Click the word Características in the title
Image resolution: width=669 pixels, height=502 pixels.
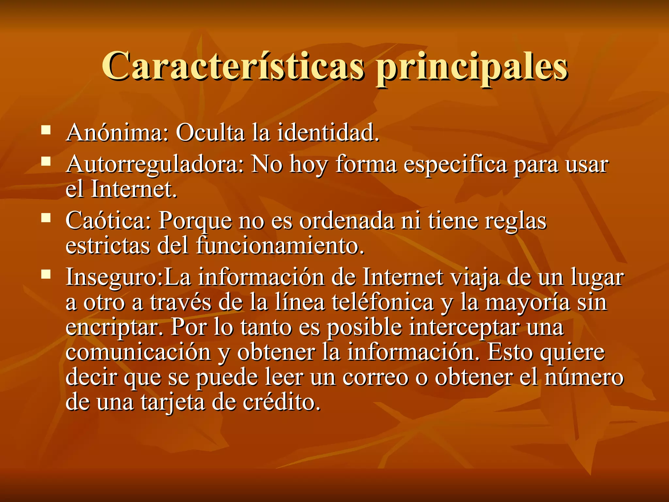click(x=233, y=66)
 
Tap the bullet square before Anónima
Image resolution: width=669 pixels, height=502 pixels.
click(x=46, y=131)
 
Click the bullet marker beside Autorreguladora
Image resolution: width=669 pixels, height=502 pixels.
click(x=46, y=161)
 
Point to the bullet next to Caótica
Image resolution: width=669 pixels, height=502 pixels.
click(x=46, y=218)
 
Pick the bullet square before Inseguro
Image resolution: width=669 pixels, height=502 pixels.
click(x=46, y=274)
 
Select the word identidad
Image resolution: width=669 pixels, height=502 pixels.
click(x=328, y=133)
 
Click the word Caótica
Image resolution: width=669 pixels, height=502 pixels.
click(x=108, y=221)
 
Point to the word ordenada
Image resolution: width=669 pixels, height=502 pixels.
click(x=347, y=221)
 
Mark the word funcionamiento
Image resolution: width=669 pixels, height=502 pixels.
click(x=280, y=246)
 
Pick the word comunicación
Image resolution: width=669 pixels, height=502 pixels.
click(x=138, y=352)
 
